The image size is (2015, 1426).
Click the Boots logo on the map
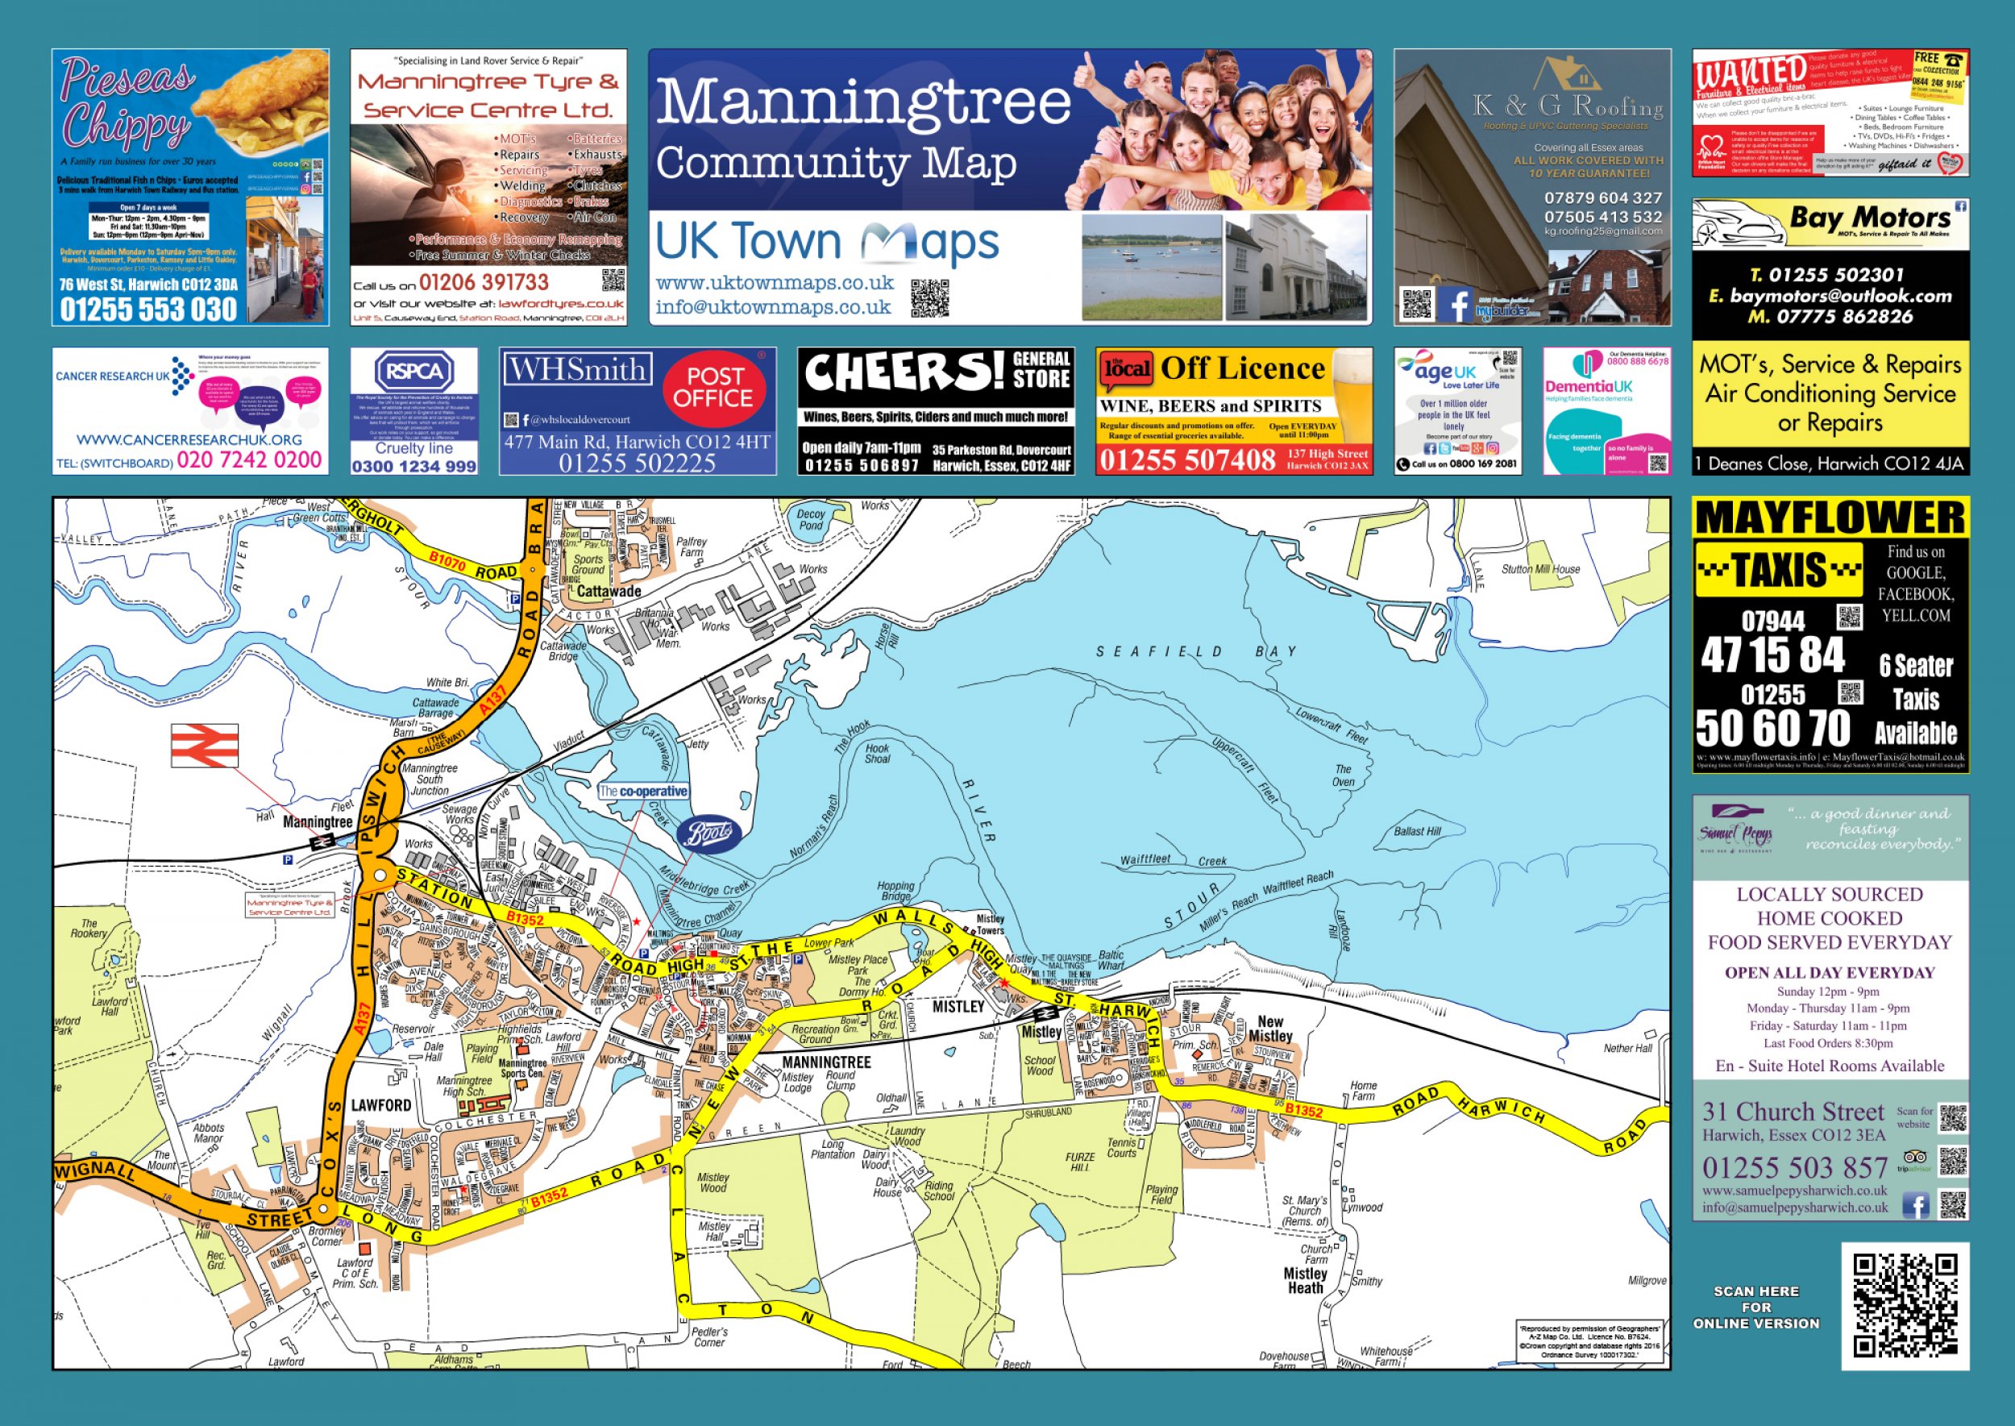point(708,834)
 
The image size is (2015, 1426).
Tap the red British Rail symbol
point(205,746)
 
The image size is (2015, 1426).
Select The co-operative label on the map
point(642,791)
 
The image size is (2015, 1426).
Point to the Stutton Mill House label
point(1540,569)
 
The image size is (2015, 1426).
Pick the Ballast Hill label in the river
point(1417,830)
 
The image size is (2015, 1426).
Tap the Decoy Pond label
point(810,520)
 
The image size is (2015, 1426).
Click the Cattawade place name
point(609,591)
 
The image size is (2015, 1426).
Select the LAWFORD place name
point(381,1104)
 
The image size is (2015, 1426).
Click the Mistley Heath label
point(1305,1280)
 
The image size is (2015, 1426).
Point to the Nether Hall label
point(1628,1048)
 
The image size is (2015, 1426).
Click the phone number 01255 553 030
point(148,309)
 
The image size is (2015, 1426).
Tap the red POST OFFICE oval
point(713,387)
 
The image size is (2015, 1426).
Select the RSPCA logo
point(414,372)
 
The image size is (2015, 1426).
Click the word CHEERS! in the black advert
point(903,372)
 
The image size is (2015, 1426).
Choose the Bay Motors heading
point(1869,217)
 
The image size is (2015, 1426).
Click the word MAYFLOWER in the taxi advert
point(1830,518)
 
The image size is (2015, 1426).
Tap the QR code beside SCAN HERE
point(1905,1305)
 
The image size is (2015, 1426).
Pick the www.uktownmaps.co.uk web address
point(775,283)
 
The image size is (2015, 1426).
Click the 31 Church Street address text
point(1793,1112)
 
